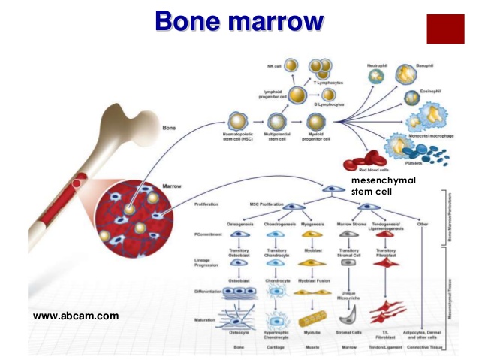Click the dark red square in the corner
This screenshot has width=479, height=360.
coord(445,28)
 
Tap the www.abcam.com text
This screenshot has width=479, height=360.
coord(77,316)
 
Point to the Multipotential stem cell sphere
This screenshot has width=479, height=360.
coord(277,121)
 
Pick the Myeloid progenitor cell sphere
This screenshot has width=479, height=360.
coord(316,121)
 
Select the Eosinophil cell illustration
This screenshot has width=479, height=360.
coord(412,98)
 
